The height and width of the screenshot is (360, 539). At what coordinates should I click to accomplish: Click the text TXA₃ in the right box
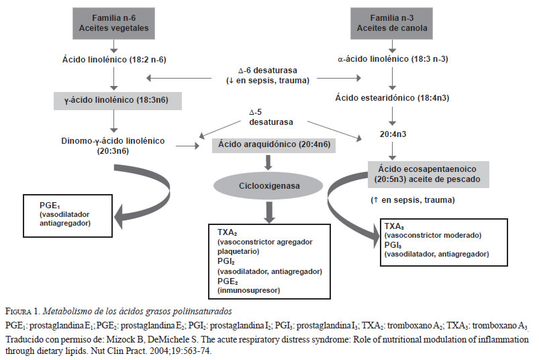coord(394,226)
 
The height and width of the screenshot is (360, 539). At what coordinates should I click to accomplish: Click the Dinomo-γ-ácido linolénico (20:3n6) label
coord(117,146)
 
